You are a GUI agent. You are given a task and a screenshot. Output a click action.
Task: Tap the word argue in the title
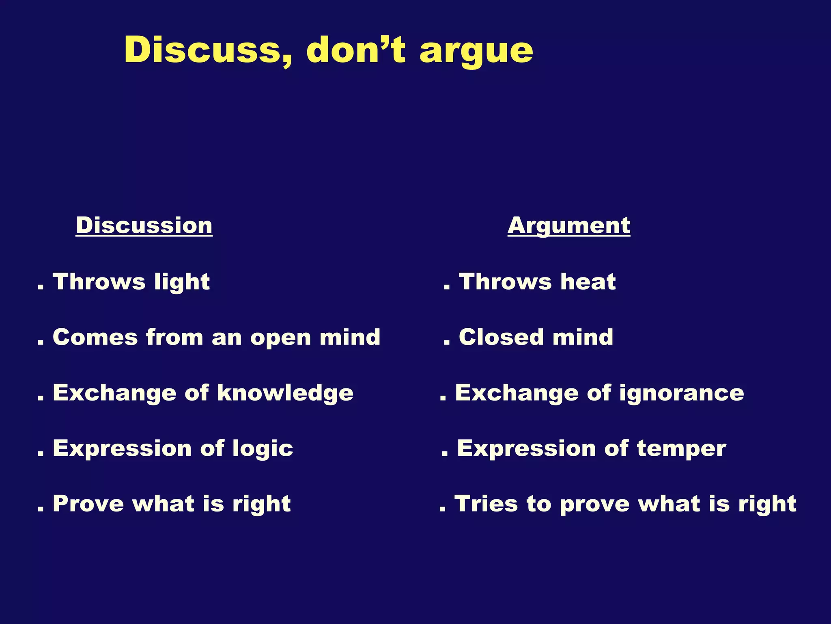point(476,52)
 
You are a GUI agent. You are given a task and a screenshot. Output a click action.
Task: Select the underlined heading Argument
point(568,226)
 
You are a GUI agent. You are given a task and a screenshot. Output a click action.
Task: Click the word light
point(182,282)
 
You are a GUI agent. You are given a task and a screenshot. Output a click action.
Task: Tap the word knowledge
point(285,393)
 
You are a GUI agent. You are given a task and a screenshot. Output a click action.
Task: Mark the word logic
point(263,449)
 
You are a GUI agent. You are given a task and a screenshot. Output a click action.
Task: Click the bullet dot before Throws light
point(40,288)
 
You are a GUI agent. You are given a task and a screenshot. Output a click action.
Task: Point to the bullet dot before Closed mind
point(447,343)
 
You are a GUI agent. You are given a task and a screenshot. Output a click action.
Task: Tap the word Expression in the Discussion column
point(122,448)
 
